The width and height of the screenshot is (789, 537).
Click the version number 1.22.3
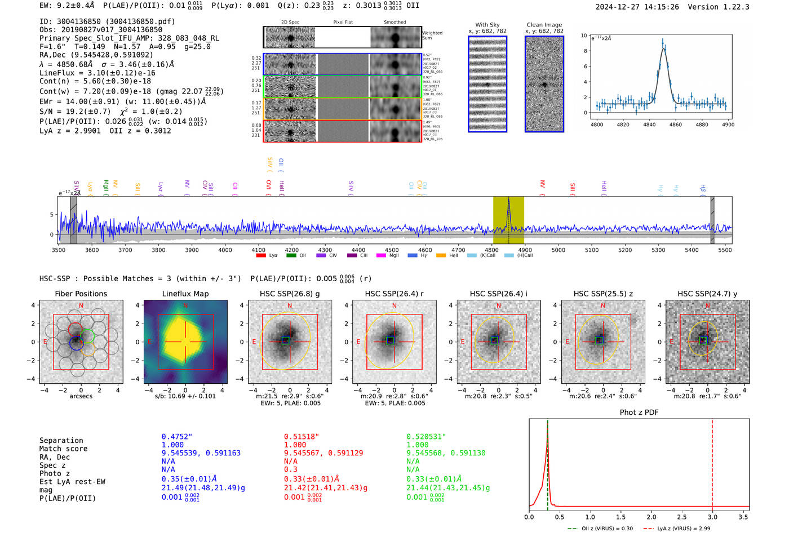tap(736, 7)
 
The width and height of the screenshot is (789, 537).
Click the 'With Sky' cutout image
tap(487, 84)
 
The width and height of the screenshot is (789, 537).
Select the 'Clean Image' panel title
tap(544, 25)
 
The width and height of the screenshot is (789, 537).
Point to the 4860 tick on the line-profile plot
tap(675, 125)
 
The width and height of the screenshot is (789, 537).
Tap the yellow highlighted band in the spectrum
tap(508, 220)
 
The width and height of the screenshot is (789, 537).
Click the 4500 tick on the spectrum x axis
tap(392, 250)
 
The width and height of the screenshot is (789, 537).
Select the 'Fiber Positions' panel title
tap(81, 294)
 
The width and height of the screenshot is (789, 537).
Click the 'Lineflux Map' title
tap(185, 294)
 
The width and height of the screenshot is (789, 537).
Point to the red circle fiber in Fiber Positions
tap(76, 330)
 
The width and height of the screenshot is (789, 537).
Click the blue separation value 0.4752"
tap(177, 437)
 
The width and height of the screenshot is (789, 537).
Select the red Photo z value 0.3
tap(290, 469)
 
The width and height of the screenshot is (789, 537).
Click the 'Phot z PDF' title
tap(639, 412)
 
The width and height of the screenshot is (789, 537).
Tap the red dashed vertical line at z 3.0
tap(712, 462)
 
